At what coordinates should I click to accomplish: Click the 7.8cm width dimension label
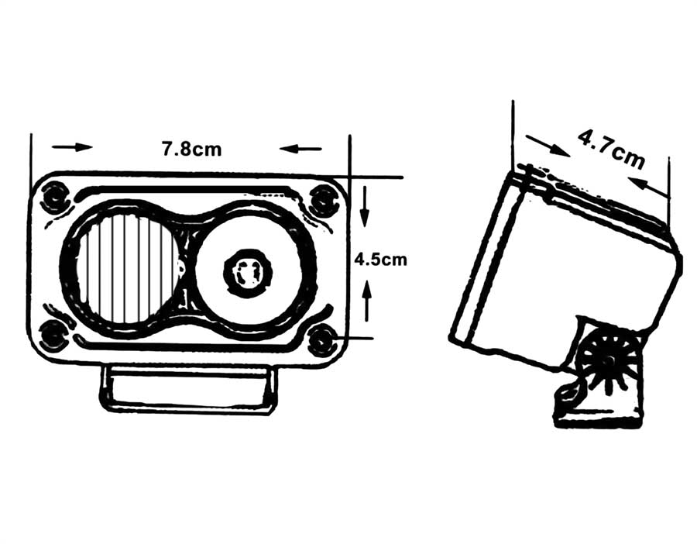[x=191, y=149]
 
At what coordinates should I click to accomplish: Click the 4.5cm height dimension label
[x=380, y=260]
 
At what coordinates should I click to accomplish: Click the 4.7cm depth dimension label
[x=611, y=150]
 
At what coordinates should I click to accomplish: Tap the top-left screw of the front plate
[x=55, y=198]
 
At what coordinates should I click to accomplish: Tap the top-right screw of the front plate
[x=323, y=199]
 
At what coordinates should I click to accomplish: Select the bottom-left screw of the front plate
[x=53, y=334]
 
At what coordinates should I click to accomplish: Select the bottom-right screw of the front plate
[x=322, y=340]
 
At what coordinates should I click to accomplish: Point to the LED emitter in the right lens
[x=248, y=272]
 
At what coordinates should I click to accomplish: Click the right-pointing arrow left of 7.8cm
[x=73, y=146]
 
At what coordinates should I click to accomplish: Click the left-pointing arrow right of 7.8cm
[x=300, y=149]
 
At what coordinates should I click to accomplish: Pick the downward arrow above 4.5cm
[x=365, y=206]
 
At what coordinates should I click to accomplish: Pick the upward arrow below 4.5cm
[x=367, y=300]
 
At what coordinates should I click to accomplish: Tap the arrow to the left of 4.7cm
[x=548, y=146]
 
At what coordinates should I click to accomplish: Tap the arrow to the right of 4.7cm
[x=648, y=186]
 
